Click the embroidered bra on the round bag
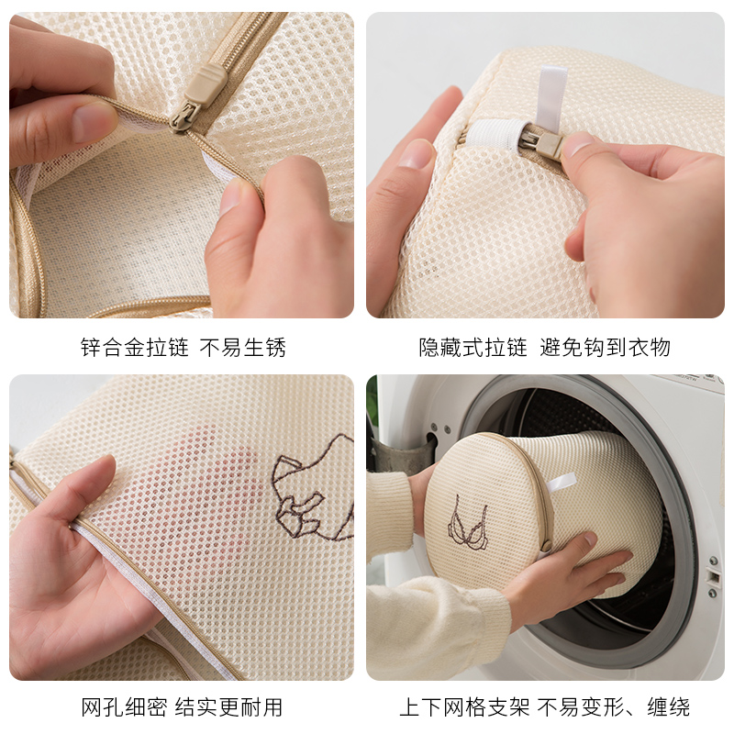click(468, 523)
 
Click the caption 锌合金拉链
click(134, 348)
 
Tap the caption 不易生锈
click(242, 348)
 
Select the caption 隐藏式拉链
click(473, 348)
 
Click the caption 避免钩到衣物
click(605, 348)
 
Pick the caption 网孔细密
click(124, 706)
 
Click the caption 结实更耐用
click(228, 706)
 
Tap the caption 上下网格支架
click(464, 706)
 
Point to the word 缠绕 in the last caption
click(669, 706)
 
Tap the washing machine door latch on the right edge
click(714, 577)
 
